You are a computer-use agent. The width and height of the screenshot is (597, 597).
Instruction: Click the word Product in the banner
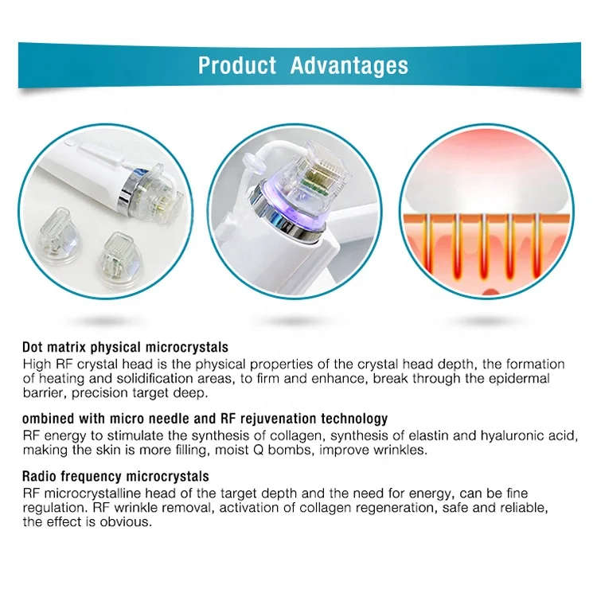(236, 64)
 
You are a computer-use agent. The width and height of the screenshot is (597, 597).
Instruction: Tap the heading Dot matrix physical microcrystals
(125, 347)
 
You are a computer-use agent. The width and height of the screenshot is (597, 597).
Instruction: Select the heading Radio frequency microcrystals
(115, 476)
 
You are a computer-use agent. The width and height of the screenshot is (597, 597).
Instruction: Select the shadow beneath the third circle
(474, 321)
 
